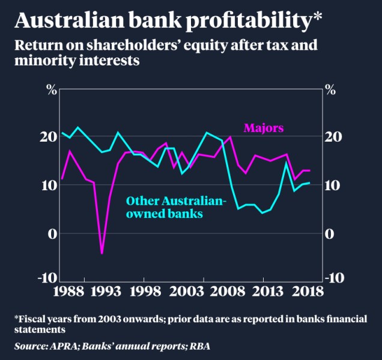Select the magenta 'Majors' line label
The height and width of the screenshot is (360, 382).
pyautogui.click(x=263, y=128)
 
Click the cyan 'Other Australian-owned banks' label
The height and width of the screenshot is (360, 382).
pyautogui.click(x=176, y=206)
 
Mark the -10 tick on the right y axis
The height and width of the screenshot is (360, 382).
pyautogui.click(x=334, y=278)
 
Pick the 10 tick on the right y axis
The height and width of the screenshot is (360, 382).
pyautogui.click(x=332, y=185)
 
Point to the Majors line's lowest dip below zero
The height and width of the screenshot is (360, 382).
pyautogui.click(x=102, y=253)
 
